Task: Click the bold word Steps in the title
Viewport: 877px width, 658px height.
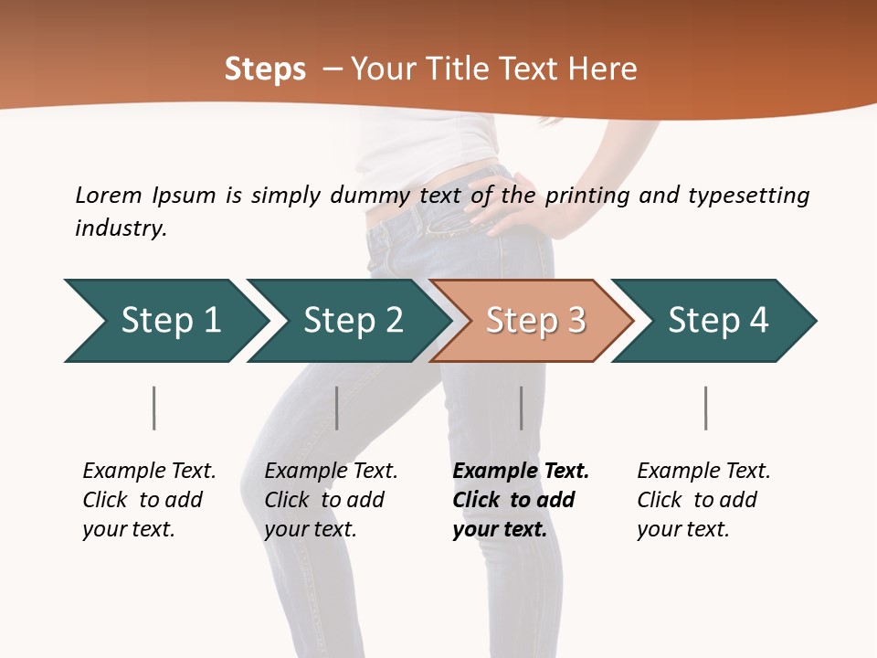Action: click(265, 69)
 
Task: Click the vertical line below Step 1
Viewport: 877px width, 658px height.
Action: click(153, 408)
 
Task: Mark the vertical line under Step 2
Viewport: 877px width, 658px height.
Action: click(337, 408)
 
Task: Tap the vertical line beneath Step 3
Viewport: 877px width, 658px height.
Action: click(521, 408)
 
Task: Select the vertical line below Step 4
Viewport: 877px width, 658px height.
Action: click(705, 408)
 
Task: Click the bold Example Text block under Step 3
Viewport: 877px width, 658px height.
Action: click(520, 500)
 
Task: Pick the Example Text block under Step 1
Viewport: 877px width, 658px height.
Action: click(148, 500)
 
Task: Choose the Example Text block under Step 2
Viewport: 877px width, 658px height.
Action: click(330, 500)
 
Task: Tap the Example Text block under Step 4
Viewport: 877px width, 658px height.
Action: click(703, 500)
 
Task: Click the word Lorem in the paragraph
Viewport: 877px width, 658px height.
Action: click(108, 195)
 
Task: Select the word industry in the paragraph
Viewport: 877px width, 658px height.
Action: click(121, 228)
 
